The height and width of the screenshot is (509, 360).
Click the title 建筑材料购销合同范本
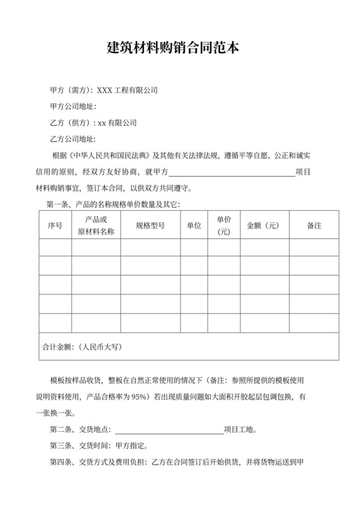(x=179, y=48)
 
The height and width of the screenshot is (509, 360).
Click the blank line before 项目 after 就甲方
(x=231, y=172)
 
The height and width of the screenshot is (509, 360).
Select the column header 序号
(x=55, y=226)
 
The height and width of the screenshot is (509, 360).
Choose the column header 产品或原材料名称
(x=96, y=226)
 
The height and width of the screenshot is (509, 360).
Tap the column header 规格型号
(x=150, y=226)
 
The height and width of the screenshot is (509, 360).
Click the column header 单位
(x=194, y=226)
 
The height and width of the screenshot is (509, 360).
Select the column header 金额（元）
(x=264, y=226)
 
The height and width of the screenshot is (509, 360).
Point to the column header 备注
(x=314, y=226)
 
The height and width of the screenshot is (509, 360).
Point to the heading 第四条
(x=61, y=462)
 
